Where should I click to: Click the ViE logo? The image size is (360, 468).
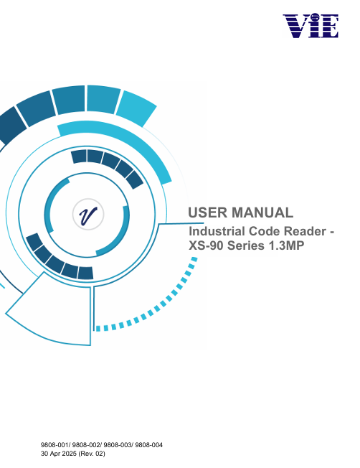[311, 25]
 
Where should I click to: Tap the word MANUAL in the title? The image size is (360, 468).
[262, 212]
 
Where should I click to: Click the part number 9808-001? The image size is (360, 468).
[55, 445]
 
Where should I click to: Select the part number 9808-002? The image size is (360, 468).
[87, 445]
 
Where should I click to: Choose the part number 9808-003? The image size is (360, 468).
[118, 445]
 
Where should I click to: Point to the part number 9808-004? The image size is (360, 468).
[149, 445]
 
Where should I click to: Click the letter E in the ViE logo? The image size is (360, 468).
[328, 27]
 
